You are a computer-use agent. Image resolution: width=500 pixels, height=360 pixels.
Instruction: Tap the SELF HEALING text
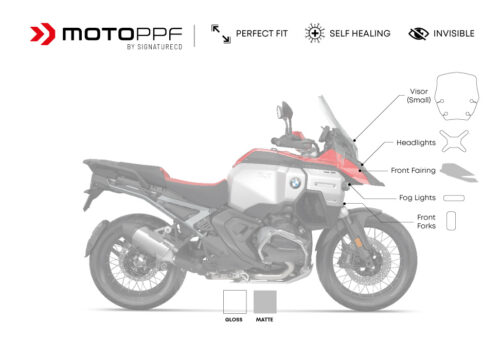point(362,33)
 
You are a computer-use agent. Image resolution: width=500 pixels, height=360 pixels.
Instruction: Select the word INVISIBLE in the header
point(454,33)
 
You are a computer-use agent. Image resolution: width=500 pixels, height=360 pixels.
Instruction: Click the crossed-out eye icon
point(418,33)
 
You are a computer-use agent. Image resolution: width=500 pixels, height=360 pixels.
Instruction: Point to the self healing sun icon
point(313,33)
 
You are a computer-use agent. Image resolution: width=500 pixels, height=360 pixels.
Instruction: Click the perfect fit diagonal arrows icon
point(220,33)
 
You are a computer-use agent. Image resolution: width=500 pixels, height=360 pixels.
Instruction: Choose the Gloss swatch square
point(234,302)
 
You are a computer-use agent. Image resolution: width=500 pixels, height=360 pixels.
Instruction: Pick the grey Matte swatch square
point(265,302)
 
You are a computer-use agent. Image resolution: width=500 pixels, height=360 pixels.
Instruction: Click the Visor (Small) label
point(419,95)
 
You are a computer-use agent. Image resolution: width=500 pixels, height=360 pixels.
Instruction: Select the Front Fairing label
point(413,169)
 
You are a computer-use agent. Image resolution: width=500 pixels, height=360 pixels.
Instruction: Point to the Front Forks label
point(426,221)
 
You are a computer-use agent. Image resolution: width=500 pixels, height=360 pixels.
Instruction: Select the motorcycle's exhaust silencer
point(156,239)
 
